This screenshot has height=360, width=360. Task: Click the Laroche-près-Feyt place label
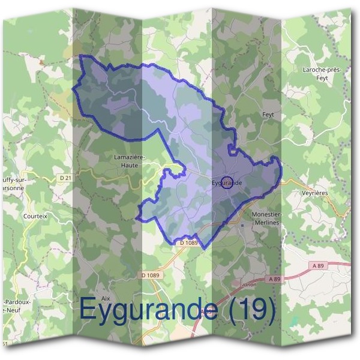tap(323, 74)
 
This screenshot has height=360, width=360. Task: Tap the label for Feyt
tap(268, 113)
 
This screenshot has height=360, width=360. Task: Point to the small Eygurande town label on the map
tap(227, 182)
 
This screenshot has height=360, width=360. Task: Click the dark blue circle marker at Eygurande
tap(226, 182)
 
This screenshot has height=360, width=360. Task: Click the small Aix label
tap(106, 298)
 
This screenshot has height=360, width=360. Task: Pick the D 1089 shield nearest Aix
tap(151, 275)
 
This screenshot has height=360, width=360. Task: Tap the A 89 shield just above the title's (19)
tap(274, 279)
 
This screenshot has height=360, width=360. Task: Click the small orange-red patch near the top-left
tap(41, 61)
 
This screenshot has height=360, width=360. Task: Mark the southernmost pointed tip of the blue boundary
tap(204, 248)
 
